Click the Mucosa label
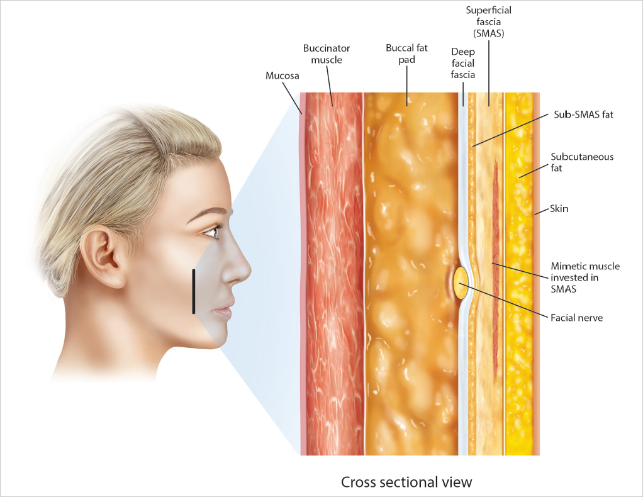coord(282,76)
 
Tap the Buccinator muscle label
coord(327,54)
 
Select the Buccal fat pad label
coord(406,54)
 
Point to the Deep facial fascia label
coord(462,63)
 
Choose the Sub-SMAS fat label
coord(583,114)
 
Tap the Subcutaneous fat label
coord(582,162)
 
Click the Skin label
coord(559,208)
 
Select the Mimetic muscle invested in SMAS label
coord(585,277)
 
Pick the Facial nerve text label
coord(576,318)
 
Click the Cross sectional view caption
coord(406,483)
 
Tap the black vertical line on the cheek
coord(194,291)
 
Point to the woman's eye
coord(212,232)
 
